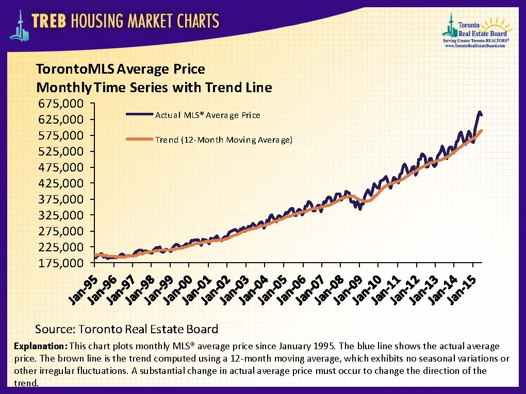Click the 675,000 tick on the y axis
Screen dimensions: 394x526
pos(60,104)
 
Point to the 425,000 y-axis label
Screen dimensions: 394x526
pos(60,183)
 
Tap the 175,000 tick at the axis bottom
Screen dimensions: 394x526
pos(60,263)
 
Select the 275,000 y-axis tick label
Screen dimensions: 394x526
pos(60,231)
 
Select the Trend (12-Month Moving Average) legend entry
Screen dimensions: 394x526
pos(223,140)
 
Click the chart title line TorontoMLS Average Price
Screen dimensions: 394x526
pos(120,69)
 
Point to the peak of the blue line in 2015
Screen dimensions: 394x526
pos(480,112)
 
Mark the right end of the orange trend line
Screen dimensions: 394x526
pos(482,130)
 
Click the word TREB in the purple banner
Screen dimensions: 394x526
pos(50,21)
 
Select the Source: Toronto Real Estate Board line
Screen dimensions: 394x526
pos(126,329)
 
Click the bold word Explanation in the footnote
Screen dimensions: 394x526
pos(41,345)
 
